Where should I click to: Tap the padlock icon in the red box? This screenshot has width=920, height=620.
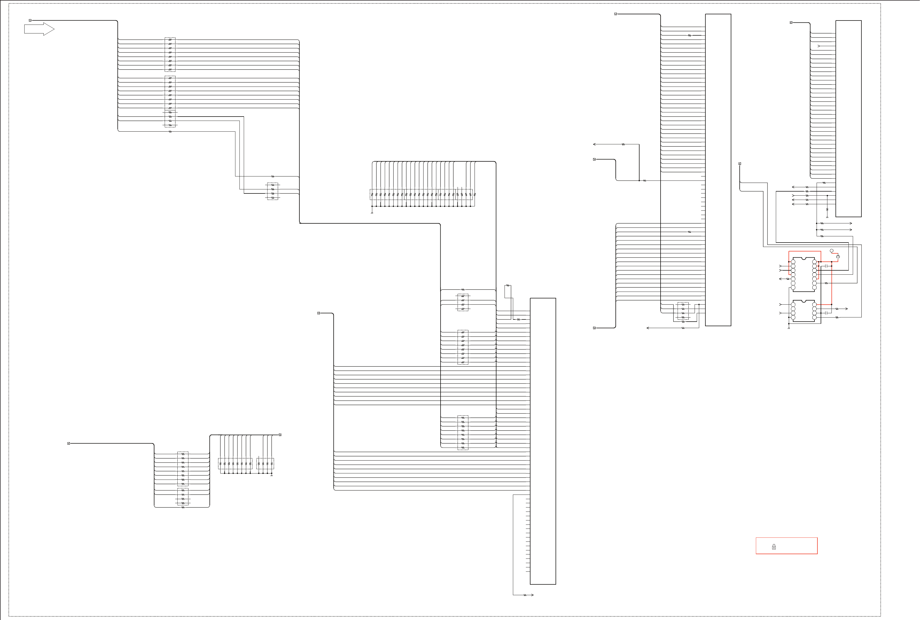click(x=774, y=547)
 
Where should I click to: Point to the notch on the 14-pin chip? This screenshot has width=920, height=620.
click(x=803, y=258)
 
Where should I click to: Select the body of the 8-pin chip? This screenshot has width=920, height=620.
click(x=803, y=311)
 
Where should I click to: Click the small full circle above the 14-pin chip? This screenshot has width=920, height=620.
click(x=831, y=251)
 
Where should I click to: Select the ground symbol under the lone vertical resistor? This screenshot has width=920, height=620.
click(x=827, y=217)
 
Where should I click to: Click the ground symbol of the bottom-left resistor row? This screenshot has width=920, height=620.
click(x=271, y=475)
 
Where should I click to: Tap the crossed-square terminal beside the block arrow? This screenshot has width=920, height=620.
click(x=30, y=20)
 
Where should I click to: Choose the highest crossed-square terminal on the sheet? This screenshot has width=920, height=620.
click(x=615, y=14)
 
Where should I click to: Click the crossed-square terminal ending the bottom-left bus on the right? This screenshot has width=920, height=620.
click(x=280, y=435)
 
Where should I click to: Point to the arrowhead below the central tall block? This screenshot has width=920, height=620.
click(x=532, y=595)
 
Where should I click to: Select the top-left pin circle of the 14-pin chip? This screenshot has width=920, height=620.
click(x=793, y=262)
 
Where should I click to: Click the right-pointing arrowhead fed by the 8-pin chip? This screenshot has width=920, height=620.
click(x=846, y=309)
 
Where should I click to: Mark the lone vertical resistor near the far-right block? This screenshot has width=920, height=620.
click(x=827, y=210)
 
